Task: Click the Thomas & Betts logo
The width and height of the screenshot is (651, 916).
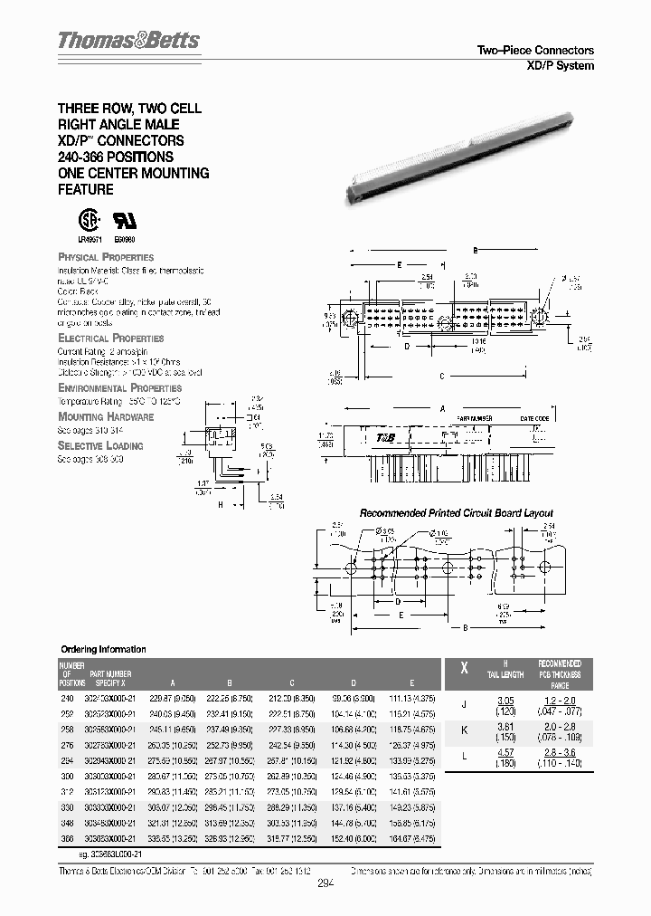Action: pos(128,41)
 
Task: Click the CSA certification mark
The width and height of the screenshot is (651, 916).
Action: pos(85,223)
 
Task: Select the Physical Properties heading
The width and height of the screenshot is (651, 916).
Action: pos(106,257)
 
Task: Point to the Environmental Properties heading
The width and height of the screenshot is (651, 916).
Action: pos(119,387)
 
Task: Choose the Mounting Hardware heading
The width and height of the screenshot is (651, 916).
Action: pos(106,416)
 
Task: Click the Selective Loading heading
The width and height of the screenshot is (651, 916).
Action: pos(100,445)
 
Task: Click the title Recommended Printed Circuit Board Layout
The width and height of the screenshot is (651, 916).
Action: pos(457,513)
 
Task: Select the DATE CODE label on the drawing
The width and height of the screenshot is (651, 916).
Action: pos(534,418)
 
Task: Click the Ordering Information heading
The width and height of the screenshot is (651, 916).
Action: pos(102,649)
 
